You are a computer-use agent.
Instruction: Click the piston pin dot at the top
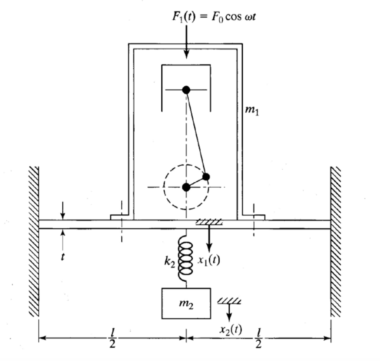point(186,90)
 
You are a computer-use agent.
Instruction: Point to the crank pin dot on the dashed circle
point(206,176)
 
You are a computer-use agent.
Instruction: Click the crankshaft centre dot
point(186,187)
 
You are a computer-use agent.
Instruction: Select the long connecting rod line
point(196,133)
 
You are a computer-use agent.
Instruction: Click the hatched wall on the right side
point(335,241)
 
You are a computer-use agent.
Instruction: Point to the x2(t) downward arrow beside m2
point(229,312)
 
